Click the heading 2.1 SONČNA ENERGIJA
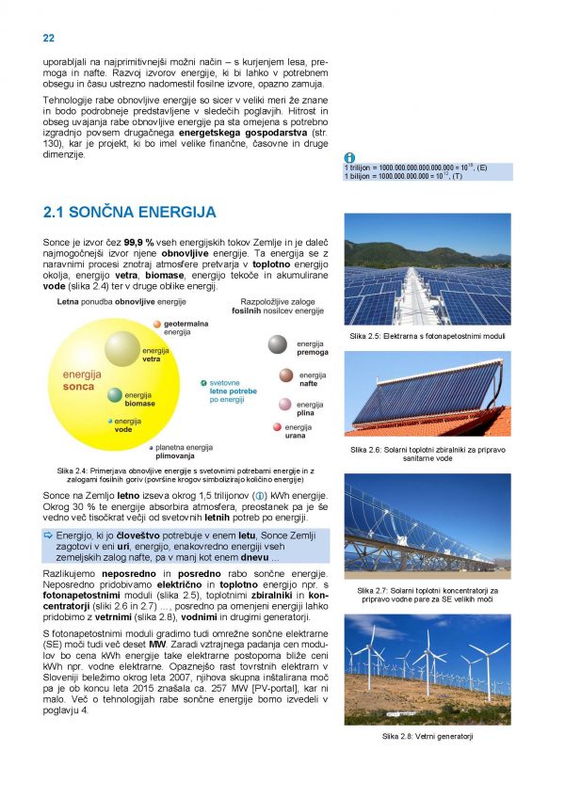[130, 212]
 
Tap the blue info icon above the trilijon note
[348, 157]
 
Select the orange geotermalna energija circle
[156, 323]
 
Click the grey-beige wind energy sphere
[122, 348]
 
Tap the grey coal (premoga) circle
[277, 345]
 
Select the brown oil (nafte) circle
[286, 375]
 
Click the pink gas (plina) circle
[284, 405]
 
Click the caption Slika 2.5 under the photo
[427, 336]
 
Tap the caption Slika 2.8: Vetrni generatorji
[427, 734]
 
